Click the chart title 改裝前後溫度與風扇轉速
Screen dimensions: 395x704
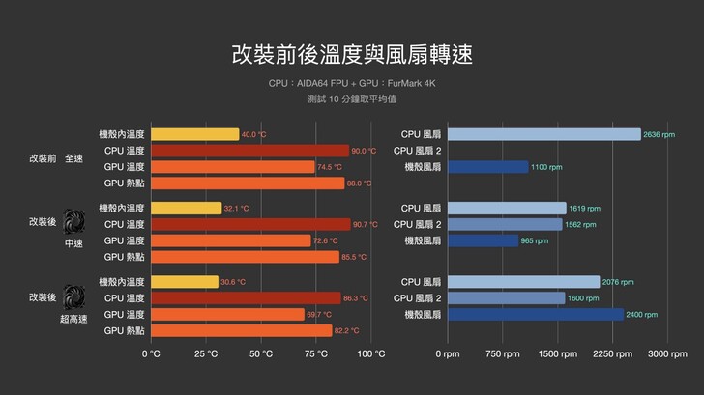pyautogui.click(x=352, y=53)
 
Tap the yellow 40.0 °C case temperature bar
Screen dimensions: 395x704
pyautogui.click(x=194, y=134)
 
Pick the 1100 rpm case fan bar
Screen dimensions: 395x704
pyautogui.click(x=488, y=167)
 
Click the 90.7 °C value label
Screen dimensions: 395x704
pyautogui.click(x=366, y=224)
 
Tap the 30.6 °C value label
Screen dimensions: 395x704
pyautogui.click(x=233, y=282)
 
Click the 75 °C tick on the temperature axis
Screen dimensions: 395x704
pyautogui.click(x=316, y=354)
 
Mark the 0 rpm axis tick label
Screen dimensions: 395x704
pyautogui.click(x=447, y=354)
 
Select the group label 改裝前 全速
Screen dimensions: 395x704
pyautogui.click(x=56, y=158)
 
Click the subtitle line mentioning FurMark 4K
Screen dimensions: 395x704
pyautogui.click(x=352, y=84)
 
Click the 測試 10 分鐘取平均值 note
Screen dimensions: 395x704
pyautogui.click(x=352, y=99)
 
